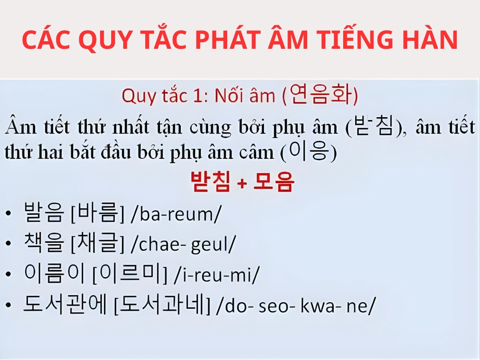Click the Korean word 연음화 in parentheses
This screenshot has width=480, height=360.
[x=320, y=96]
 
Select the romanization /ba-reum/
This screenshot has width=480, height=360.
[x=176, y=214]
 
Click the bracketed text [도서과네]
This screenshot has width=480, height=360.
[x=162, y=305]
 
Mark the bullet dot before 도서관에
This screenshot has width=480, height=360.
[x=9, y=306]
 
